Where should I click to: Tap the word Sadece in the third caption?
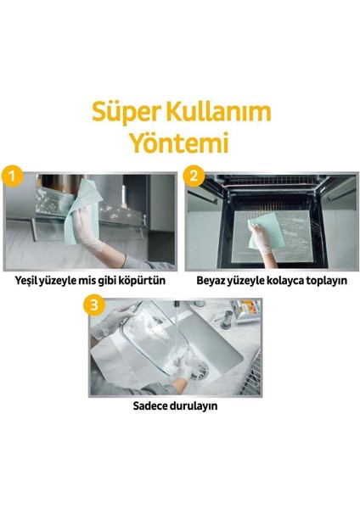coord(153,405)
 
